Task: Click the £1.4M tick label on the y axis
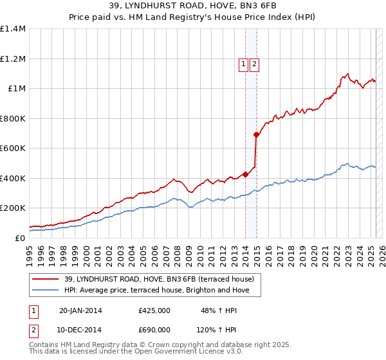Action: click(13, 29)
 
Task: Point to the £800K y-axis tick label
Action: click(13, 118)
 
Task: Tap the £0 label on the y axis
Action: click(19, 238)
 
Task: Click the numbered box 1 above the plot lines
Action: click(244, 64)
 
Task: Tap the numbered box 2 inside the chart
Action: click(254, 64)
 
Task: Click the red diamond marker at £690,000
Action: click(256, 135)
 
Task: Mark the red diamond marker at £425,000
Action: click(245, 174)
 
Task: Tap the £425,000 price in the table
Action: click(154, 310)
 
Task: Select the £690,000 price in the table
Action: click(154, 328)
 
